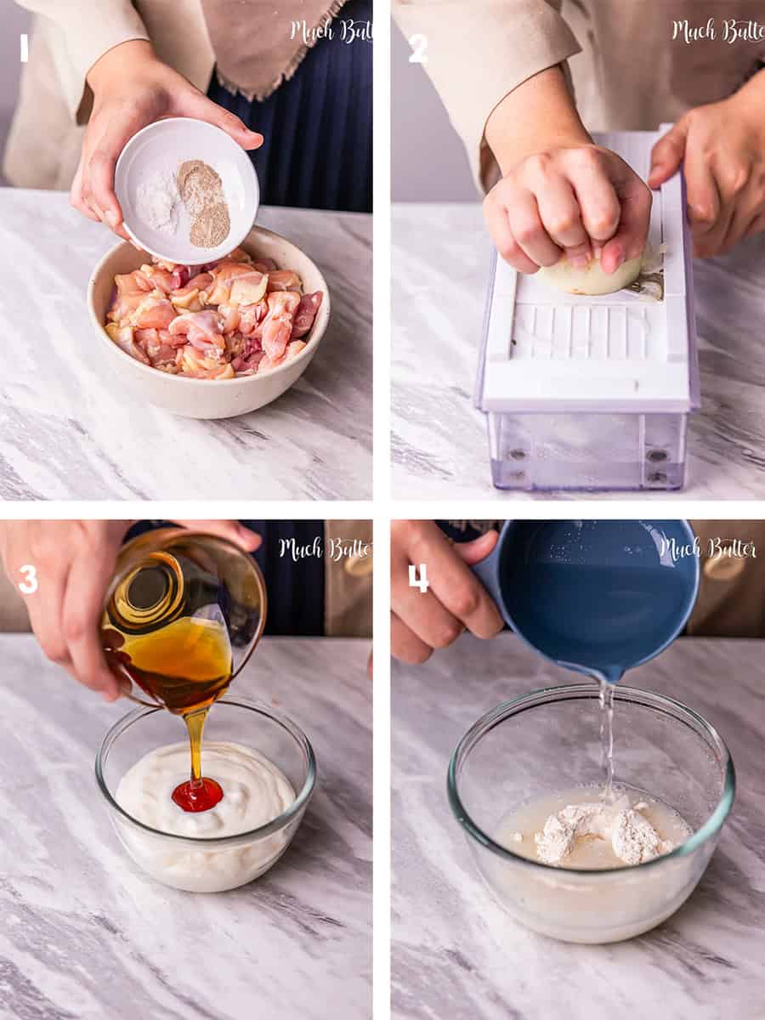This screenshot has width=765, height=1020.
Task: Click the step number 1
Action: [x=24, y=49]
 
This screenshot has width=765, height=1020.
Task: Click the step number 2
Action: [x=417, y=49]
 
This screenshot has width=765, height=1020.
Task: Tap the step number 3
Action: [x=28, y=580]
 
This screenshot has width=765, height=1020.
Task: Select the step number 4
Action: [x=418, y=578]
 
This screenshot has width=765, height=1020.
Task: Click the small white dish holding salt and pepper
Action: [x=187, y=190]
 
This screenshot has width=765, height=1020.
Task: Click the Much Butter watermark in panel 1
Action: [x=331, y=31]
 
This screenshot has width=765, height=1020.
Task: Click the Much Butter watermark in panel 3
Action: [x=326, y=549]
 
